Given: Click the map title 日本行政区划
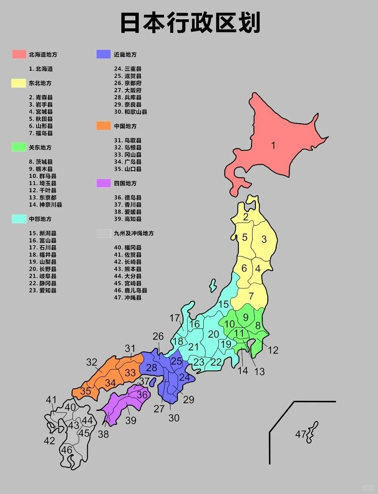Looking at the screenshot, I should [x=190, y=23].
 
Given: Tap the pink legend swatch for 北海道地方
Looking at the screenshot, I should [x=19, y=54].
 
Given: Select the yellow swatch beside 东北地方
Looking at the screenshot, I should [x=19, y=83].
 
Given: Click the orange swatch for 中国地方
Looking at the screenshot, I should [x=104, y=126].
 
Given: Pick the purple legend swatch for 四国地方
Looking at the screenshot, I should [x=104, y=184].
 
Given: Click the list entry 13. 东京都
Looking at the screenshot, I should [x=43, y=198].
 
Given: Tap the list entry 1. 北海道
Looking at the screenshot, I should [x=41, y=69].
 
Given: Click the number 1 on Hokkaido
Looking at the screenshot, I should [x=273, y=145].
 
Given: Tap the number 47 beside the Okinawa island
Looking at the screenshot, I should [x=301, y=434].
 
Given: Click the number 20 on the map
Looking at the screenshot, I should [x=214, y=334].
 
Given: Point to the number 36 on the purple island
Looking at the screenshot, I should [x=142, y=395].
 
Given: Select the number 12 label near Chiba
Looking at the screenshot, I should [x=273, y=350].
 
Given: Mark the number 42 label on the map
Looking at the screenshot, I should [x=50, y=441].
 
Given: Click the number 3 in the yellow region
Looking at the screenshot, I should [x=264, y=239].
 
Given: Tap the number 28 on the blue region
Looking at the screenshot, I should [x=152, y=367].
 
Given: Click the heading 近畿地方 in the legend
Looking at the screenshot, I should [x=125, y=54].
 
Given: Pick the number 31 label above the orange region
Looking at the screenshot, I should [x=130, y=348].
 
